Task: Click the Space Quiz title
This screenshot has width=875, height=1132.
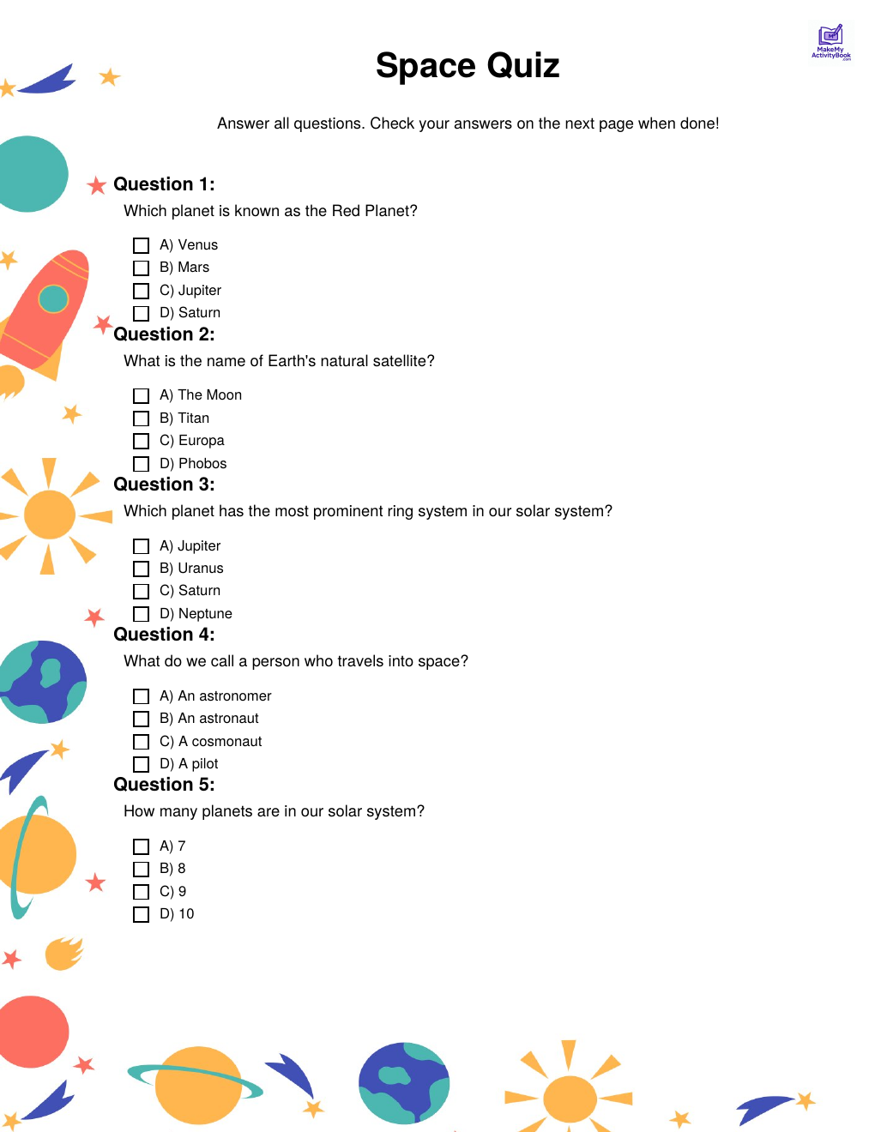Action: (468, 66)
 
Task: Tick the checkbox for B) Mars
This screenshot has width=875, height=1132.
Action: (142, 268)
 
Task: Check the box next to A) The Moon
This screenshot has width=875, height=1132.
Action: (142, 396)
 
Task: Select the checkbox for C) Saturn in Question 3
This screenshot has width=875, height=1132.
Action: (142, 592)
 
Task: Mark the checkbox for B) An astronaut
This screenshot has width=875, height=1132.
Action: (142, 720)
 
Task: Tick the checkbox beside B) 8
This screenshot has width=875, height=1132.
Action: (142, 870)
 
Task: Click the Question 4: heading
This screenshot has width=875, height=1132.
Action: (164, 635)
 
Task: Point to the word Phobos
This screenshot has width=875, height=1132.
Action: (202, 464)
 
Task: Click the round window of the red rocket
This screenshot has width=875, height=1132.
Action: (53, 298)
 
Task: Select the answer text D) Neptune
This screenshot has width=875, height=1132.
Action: (196, 614)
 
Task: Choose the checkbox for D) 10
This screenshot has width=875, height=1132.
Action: (142, 915)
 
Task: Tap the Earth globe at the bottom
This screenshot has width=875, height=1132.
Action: (404, 1083)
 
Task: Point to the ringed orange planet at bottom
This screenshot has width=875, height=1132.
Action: (198, 1085)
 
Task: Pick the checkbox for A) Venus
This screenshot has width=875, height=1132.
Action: (142, 246)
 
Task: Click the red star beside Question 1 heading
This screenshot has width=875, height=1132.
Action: (97, 184)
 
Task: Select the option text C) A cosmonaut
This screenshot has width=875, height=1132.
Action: (210, 742)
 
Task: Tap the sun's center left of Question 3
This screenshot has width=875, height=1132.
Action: (50, 515)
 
